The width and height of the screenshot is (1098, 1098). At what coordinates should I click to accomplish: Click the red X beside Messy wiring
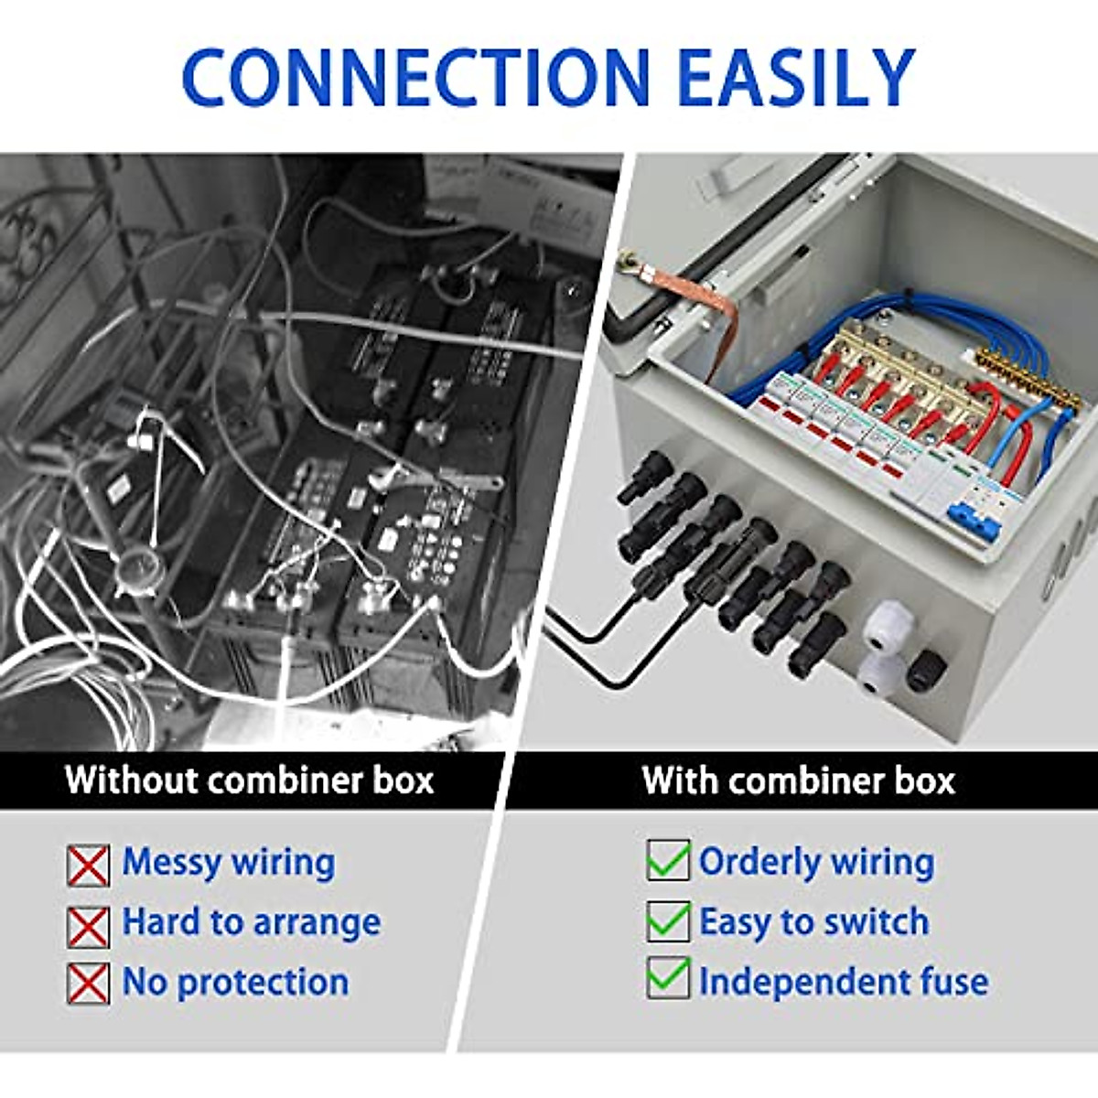[88, 866]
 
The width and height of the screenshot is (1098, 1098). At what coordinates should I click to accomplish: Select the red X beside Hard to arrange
[88, 926]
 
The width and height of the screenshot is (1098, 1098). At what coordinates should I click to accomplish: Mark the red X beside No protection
[88, 984]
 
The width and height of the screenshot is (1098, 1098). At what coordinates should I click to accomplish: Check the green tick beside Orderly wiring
[668, 860]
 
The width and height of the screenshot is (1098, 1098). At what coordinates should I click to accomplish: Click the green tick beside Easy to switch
[668, 920]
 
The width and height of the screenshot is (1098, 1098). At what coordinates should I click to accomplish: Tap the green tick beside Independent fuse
[668, 978]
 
